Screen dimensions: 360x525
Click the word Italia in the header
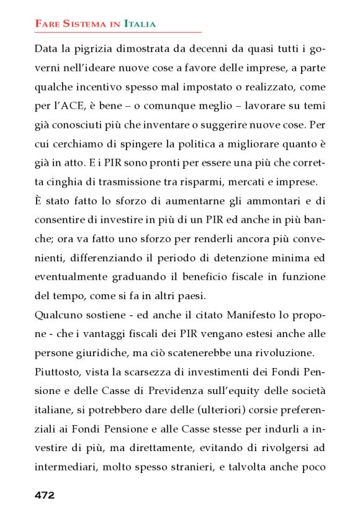coord(140,24)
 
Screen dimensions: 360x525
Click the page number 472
coord(45,495)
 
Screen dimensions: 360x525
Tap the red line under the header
coord(118,32)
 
